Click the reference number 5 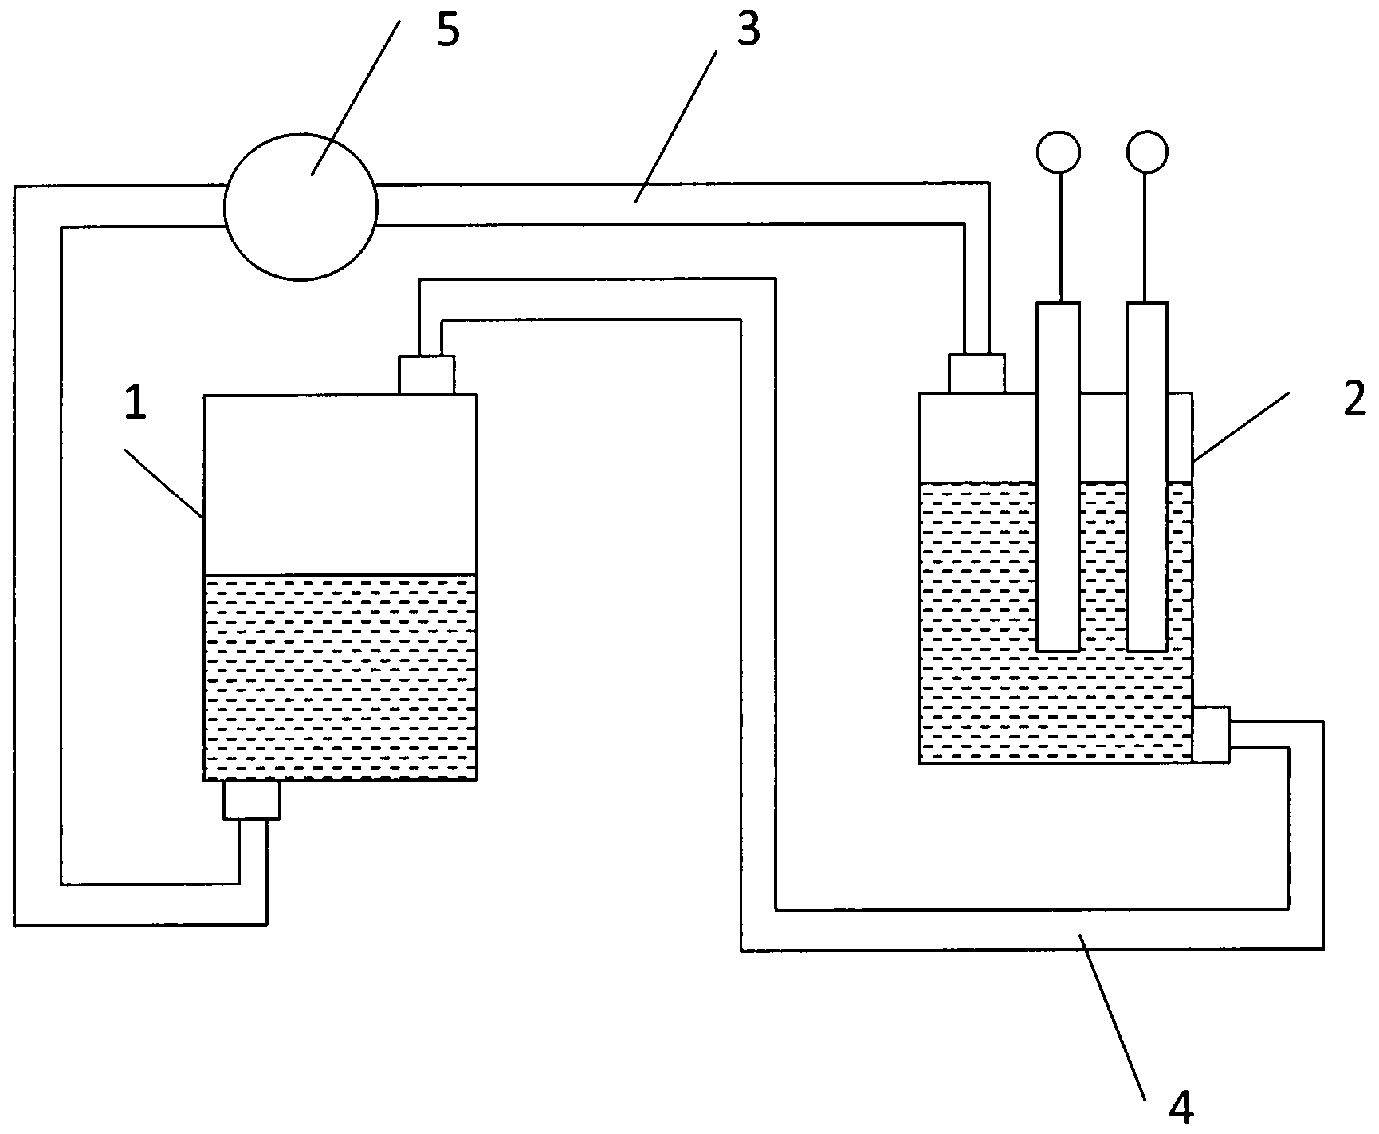tap(448, 31)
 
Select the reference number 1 tap(136, 404)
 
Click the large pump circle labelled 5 tap(301, 207)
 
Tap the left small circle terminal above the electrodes tap(1059, 150)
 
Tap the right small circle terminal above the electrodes tap(1147, 150)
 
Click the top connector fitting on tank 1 tap(426, 375)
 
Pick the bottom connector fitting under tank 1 tap(251, 800)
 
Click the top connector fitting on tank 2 tap(976, 374)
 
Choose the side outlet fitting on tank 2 tap(1212, 734)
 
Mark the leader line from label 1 tap(163, 482)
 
